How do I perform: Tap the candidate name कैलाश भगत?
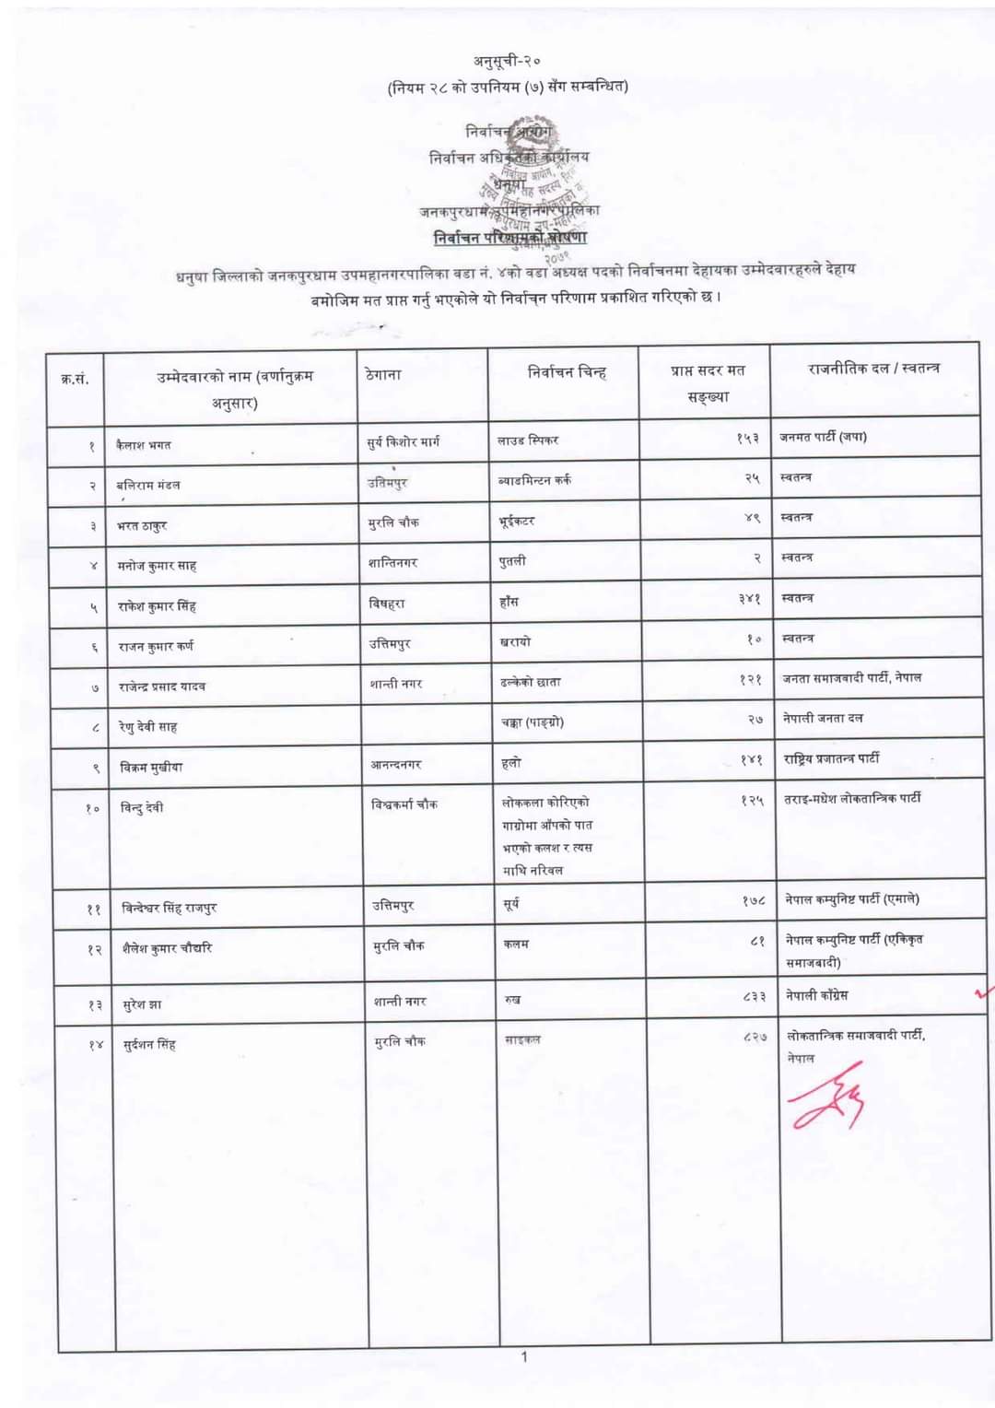click(x=144, y=445)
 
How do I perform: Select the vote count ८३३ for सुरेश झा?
click(x=753, y=996)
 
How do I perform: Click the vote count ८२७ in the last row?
click(x=754, y=1037)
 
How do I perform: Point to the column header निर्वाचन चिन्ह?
click(x=567, y=372)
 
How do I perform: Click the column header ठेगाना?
click(x=383, y=375)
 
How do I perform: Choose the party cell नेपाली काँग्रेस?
click(x=816, y=995)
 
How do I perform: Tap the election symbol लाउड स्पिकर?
click(x=528, y=440)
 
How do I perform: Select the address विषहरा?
click(x=387, y=604)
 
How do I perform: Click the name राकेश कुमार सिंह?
click(x=157, y=606)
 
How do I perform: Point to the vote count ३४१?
click(x=749, y=599)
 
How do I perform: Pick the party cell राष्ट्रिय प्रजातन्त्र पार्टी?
click(x=831, y=758)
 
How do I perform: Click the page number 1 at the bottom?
click(x=524, y=1356)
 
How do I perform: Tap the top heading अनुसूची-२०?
click(x=507, y=61)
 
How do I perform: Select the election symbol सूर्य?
click(x=511, y=904)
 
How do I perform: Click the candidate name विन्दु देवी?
click(x=142, y=807)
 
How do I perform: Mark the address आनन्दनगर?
click(x=396, y=764)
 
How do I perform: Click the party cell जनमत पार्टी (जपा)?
click(x=823, y=437)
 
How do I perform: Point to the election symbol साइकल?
click(x=522, y=1039)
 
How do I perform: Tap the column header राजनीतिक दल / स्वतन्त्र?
click(x=873, y=369)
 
